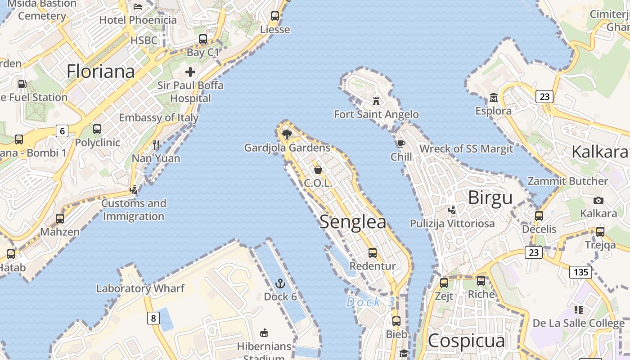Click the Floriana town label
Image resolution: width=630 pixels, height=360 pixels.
101,72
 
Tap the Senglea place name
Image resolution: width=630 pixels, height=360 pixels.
353,222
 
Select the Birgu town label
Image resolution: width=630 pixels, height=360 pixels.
490,198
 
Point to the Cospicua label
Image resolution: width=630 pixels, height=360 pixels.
466,341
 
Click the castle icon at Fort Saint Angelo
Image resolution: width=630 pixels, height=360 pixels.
376,101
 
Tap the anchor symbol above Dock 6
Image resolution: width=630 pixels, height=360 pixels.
280,283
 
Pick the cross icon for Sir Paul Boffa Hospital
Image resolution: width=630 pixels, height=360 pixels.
190,72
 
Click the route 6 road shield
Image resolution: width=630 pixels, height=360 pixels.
62,131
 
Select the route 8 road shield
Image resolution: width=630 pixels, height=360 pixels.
153,319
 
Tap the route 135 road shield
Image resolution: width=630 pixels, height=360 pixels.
580,272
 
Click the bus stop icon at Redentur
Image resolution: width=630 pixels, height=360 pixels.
373,252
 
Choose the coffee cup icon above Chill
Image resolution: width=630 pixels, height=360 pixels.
401,144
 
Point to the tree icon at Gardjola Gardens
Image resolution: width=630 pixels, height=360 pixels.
287,134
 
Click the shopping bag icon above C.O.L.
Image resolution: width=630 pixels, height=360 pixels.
318,170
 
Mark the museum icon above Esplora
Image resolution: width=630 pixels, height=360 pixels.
493,97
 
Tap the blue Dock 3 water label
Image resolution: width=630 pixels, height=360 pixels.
370,302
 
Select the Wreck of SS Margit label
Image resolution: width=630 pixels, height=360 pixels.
466,149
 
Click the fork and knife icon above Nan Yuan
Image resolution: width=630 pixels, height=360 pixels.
156,144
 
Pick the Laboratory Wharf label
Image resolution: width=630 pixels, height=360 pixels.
140,288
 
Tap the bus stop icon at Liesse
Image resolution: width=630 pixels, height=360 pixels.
275,17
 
